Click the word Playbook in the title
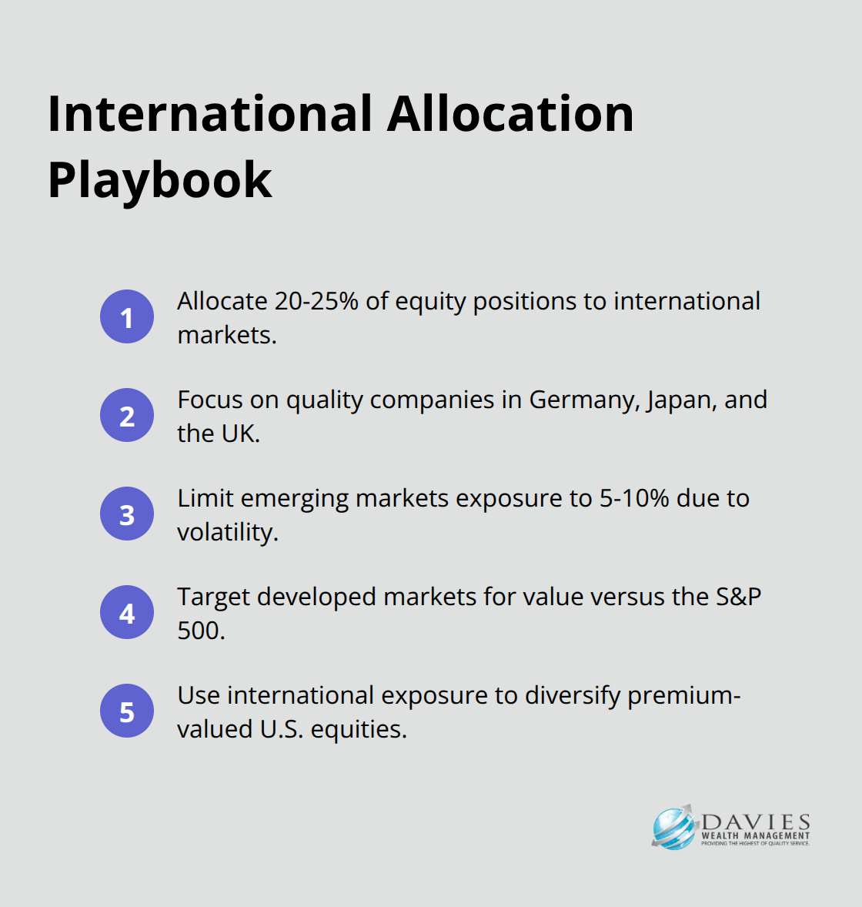click(159, 181)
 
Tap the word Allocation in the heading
click(510, 114)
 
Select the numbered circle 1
click(127, 316)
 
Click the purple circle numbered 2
click(127, 415)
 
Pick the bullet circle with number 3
click(127, 514)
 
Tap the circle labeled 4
click(127, 612)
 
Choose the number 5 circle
click(127, 711)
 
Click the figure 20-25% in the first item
click(316, 301)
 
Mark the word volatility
click(228, 532)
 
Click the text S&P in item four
click(739, 597)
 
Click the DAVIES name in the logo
click(756, 822)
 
